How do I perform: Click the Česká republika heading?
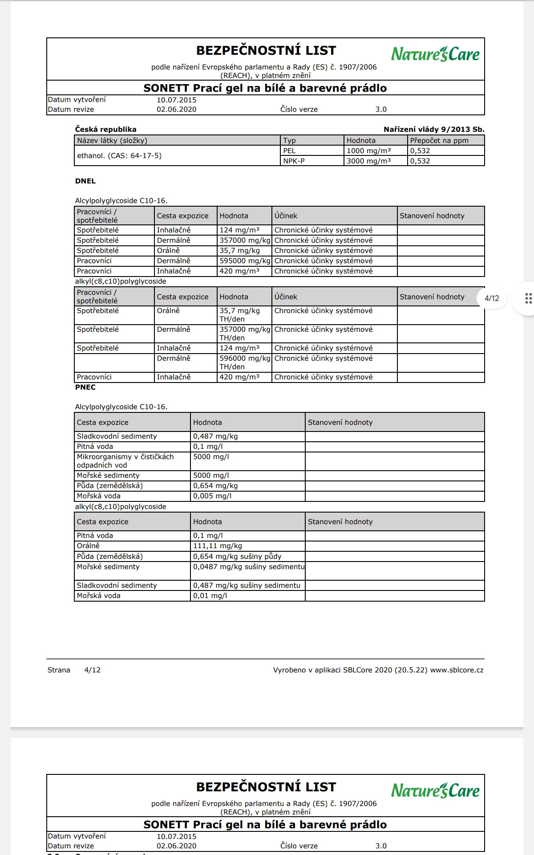105,129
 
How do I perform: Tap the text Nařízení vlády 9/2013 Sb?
433,129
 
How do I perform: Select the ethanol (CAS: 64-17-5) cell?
119,155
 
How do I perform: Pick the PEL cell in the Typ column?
289,151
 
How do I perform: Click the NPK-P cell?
294,161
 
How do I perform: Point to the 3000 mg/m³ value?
368,161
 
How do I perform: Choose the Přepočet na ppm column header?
439,140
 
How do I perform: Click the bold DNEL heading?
85,181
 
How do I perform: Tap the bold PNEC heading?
85,387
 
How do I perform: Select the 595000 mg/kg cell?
244,261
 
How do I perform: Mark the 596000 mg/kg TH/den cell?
244,362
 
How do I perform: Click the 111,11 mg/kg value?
218,546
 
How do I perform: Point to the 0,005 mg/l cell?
212,496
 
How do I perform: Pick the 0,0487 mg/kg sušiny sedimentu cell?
248,566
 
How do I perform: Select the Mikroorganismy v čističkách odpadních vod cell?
125,461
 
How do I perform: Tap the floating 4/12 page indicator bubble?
492,298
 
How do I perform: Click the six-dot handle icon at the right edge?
528,298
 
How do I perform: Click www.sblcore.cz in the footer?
457,670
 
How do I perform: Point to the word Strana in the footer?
59,670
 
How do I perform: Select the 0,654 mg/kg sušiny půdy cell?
237,556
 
